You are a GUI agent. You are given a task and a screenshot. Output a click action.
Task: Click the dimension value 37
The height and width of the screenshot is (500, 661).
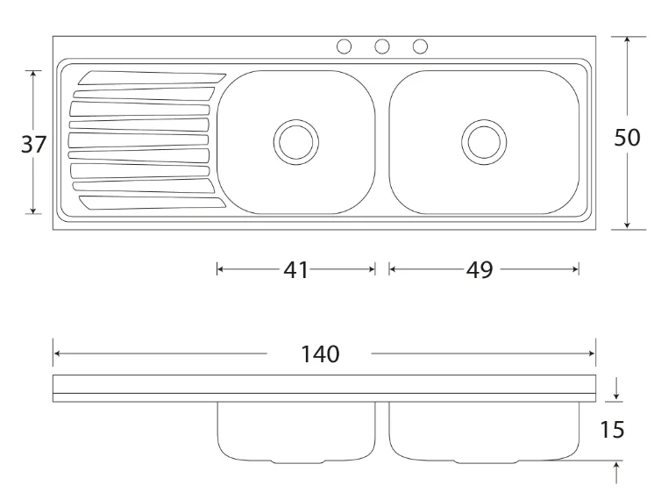33,144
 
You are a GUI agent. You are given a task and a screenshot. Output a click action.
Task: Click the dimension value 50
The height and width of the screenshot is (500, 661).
627,138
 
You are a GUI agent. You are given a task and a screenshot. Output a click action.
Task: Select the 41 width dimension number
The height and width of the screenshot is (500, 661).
296,269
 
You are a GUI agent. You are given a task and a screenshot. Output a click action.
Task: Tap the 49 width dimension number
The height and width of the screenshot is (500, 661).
480,269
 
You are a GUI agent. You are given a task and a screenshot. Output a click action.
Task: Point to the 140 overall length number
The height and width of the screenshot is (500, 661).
319,354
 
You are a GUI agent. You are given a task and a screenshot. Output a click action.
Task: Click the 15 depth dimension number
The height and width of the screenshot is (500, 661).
612,430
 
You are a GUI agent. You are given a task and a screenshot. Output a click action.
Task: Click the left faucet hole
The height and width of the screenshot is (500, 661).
344,46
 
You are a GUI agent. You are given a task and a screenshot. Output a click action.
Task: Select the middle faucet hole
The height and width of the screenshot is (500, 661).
382,46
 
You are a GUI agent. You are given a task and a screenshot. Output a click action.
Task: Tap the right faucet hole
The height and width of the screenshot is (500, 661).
420,46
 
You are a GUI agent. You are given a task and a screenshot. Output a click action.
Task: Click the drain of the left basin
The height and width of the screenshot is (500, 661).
296,142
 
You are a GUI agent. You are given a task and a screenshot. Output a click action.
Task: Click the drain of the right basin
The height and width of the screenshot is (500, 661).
484,142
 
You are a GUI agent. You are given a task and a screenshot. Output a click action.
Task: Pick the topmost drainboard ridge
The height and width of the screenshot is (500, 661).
152,78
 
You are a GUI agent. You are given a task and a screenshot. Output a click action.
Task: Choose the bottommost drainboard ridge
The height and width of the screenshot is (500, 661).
152,203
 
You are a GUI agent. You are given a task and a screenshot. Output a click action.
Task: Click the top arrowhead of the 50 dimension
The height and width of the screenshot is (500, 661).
628,39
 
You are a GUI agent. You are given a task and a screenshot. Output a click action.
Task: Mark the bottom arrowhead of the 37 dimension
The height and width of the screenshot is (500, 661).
33,211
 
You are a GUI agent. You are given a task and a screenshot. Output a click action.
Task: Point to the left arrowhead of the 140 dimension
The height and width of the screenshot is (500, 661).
57,354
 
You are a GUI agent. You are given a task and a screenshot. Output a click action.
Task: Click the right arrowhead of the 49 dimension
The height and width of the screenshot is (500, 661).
575,269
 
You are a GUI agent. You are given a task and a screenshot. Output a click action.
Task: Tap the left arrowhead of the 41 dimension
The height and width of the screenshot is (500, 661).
220,269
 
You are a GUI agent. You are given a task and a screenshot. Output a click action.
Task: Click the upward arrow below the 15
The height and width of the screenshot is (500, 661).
616,473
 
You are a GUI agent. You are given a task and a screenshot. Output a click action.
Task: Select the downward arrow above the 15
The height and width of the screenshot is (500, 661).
616,389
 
